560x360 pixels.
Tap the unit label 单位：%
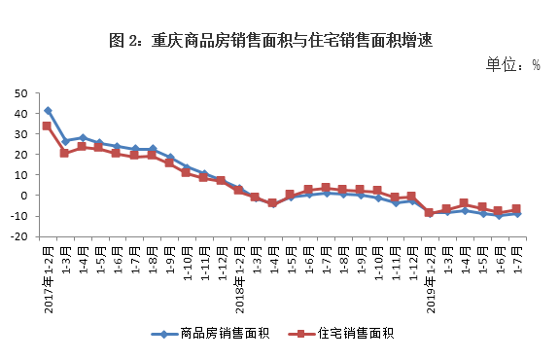pyautogui.click(x=512, y=64)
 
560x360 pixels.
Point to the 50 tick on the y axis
pyautogui.click(x=20, y=92)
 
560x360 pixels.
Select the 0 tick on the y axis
pyautogui.click(x=24, y=196)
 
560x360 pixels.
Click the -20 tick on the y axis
pyautogui.click(x=18, y=236)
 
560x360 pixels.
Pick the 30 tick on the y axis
pyautogui.click(x=20, y=134)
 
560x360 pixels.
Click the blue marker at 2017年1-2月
pyautogui.click(x=48, y=111)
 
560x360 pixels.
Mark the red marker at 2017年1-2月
pyautogui.click(x=48, y=126)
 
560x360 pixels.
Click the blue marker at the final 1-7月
pyautogui.click(x=517, y=213)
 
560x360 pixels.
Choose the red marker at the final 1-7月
pyautogui.click(x=517, y=209)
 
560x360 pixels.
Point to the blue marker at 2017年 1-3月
pyautogui.click(x=64, y=142)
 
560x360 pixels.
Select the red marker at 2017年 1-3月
pyautogui.click(x=64, y=153)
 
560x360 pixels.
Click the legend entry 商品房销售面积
pyautogui.click(x=219, y=334)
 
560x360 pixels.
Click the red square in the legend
pyautogui.click(x=303, y=334)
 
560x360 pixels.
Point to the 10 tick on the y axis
pyautogui.click(x=20, y=175)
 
